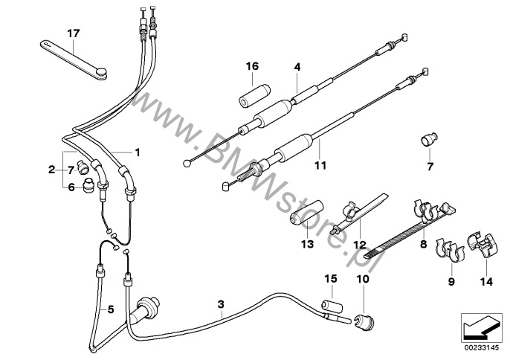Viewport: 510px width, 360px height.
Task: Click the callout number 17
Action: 72,33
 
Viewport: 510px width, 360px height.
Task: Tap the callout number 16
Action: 252,67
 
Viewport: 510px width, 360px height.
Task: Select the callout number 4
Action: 297,67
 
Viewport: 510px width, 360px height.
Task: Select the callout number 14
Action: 487,281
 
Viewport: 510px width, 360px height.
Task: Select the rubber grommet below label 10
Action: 364,321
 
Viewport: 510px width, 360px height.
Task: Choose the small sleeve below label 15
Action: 330,307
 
